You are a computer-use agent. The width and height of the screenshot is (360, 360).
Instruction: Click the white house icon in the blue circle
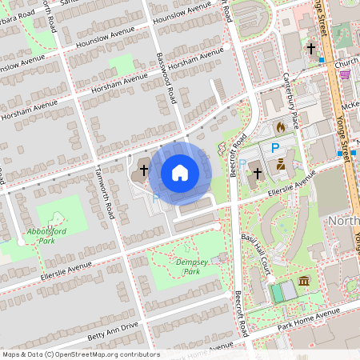click(x=180, y=171)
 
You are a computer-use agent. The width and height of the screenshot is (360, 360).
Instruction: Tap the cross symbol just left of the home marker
click(x=144, y=170)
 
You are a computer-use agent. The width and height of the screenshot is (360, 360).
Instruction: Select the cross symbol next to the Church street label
click(x=311, y=49)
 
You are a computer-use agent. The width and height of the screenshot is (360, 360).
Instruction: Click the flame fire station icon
click(x=280, y=126)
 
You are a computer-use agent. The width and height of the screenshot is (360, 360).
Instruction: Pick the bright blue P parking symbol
click(x=276, y=147)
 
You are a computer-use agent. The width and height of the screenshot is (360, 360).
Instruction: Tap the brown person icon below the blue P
click(x=281, y=164)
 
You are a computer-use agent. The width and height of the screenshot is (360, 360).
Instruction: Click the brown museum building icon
click(x=304, y=281)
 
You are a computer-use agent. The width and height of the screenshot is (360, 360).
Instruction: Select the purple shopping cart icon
click(x=345, y=74)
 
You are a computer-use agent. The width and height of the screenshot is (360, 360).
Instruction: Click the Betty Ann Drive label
click(x=113, y=330)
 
